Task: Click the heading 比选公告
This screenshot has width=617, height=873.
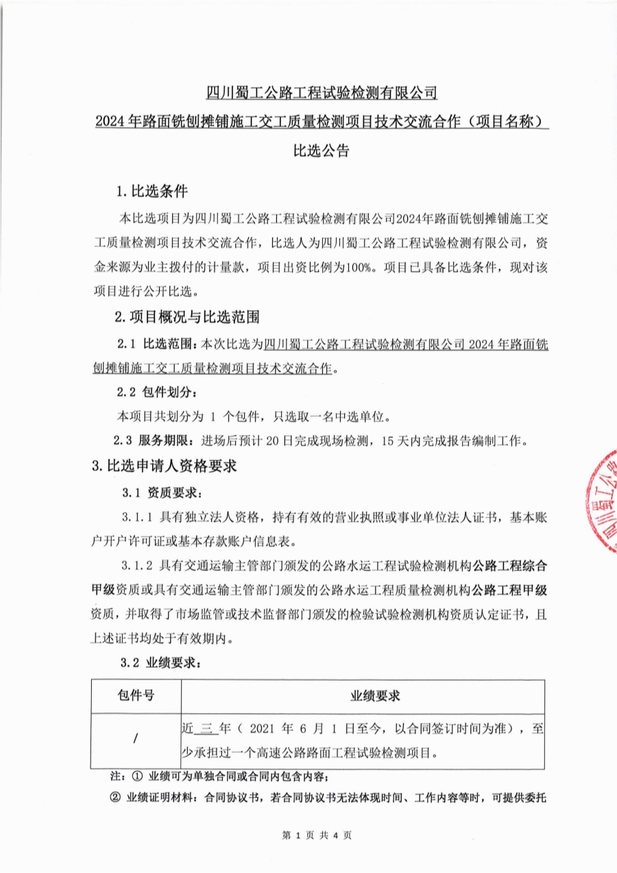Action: click(x=322, y=151)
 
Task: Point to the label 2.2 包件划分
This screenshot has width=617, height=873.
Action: click(x=157, y=393)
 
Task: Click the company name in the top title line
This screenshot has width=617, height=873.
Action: click(x=322, y=92)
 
